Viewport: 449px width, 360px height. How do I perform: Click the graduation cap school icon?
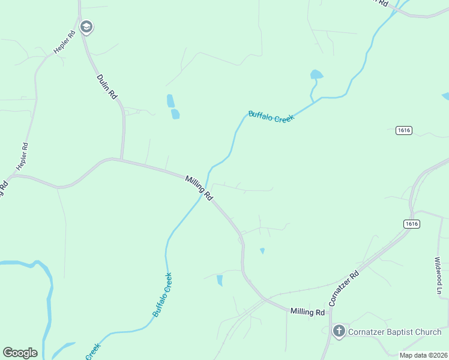click(x=86, y=27)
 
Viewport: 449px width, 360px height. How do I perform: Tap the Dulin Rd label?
click(x=107, y=86)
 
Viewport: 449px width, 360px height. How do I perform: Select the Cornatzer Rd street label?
click(x=344, y=286)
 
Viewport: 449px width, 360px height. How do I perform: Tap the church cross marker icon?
click(x=339, y=331)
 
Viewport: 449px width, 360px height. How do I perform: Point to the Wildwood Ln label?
click(x=439, y=276)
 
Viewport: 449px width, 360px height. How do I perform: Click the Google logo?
click(x=20, y=353)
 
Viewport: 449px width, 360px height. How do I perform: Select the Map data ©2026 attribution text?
click(x=423, y=355)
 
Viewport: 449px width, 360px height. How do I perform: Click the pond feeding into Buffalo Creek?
click(x=316, y=76)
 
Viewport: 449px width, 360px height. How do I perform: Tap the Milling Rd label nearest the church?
click(x=307, y=312)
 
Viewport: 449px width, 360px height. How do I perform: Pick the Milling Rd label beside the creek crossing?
click(x=199, y=188)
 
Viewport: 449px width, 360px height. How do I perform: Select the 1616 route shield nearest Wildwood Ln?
click(x=411, y=224)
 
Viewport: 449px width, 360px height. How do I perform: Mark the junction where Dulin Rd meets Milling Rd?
click(x=122, y=160)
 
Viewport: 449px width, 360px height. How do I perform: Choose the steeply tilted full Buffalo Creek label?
click(x=163, y=295)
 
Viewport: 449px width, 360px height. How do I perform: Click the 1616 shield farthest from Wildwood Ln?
click(x=404, y=130)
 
